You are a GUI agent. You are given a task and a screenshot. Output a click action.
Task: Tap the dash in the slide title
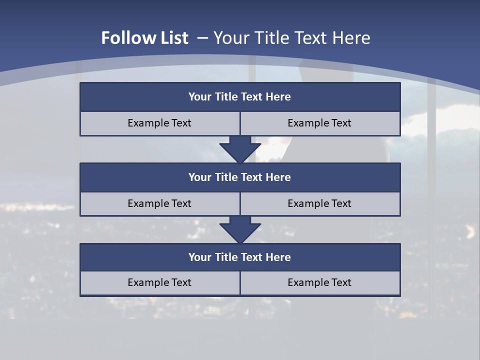203,38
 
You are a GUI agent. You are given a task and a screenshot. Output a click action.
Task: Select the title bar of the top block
240,97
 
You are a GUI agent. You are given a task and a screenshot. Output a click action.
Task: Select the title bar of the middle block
240,177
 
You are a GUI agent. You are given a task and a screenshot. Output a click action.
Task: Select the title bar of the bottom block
240,257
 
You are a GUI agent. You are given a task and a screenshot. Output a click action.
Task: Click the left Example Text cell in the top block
160,123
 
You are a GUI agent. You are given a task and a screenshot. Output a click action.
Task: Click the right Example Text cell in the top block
320,123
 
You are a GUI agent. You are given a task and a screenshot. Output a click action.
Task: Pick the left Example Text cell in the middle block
160,203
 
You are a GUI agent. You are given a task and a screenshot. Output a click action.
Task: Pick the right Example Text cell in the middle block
320,203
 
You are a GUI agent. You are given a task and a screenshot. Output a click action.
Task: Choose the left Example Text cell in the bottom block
160,282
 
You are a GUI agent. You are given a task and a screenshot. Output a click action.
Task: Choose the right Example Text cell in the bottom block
320,282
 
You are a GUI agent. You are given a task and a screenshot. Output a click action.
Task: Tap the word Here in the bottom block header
278,257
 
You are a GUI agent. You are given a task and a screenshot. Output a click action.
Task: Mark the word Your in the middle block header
200,177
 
